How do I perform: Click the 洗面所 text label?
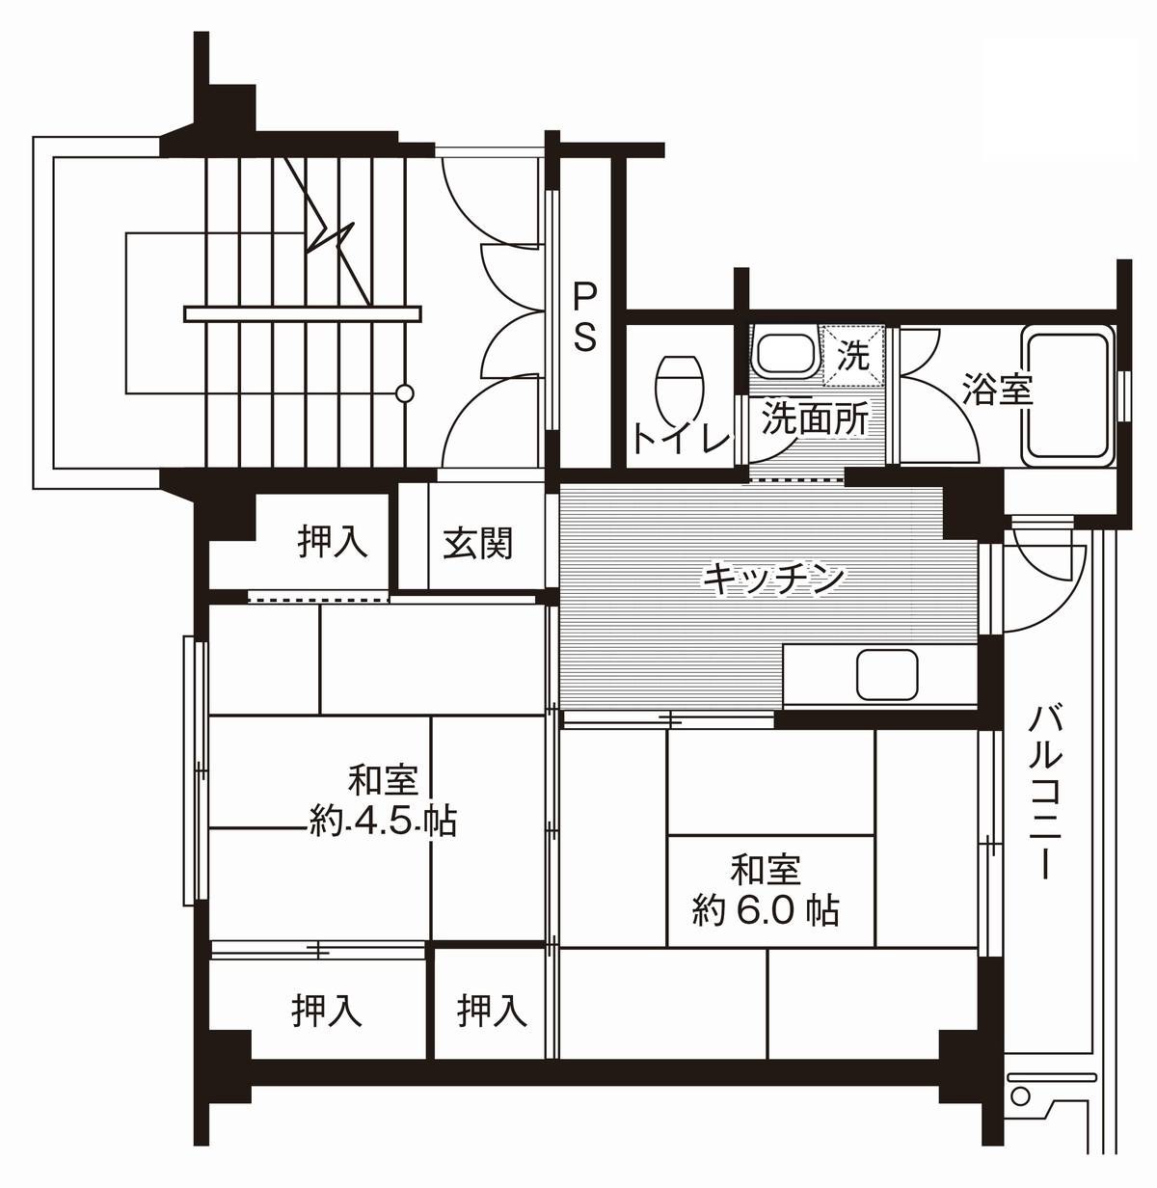pyautogui.click(x=815, y=418)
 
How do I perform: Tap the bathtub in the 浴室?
pyautogui.click(x=1068, y=392)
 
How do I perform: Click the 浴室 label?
pyautogui.click(x=997, y=390)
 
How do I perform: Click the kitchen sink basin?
pyautogui.click(x=887, y=674)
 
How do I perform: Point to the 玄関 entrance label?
pyautogui.click(x=478, y=544)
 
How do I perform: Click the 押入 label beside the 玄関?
pyautogui.click(x=333, y=542)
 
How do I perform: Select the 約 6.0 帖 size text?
pyautogui.click(x=766, y=909)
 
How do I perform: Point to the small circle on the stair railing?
pyautogui.click(x=406, y=393)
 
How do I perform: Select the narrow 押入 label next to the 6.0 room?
pyautogui.click(x=492, y=1011)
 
